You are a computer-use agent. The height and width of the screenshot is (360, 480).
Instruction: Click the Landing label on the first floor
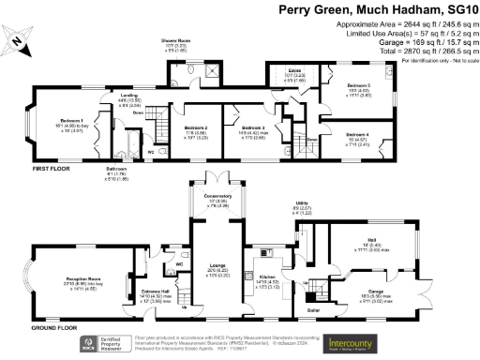(123, 96)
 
